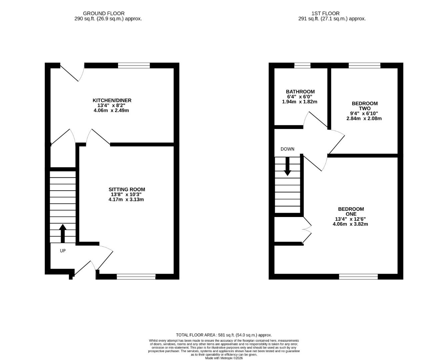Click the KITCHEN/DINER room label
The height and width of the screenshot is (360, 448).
112,100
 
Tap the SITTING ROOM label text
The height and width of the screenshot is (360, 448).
128,189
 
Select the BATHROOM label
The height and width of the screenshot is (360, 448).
300,92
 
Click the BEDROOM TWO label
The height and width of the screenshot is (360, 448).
364,106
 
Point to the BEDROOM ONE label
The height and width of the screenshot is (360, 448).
351,211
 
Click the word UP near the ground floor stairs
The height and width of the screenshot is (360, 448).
63,251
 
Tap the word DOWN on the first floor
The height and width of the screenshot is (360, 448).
287,149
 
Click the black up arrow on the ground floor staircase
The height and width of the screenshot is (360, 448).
63,233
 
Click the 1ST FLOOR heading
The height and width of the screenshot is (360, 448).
325,13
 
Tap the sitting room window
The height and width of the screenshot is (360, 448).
136,276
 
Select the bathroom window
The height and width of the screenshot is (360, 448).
302,65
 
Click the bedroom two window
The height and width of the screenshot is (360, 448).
364,65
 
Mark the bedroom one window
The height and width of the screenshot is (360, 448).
358,276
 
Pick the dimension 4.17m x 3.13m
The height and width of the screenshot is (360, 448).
126,199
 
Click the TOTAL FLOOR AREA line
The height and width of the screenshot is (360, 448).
224,335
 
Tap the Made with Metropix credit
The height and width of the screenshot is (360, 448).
224,358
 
